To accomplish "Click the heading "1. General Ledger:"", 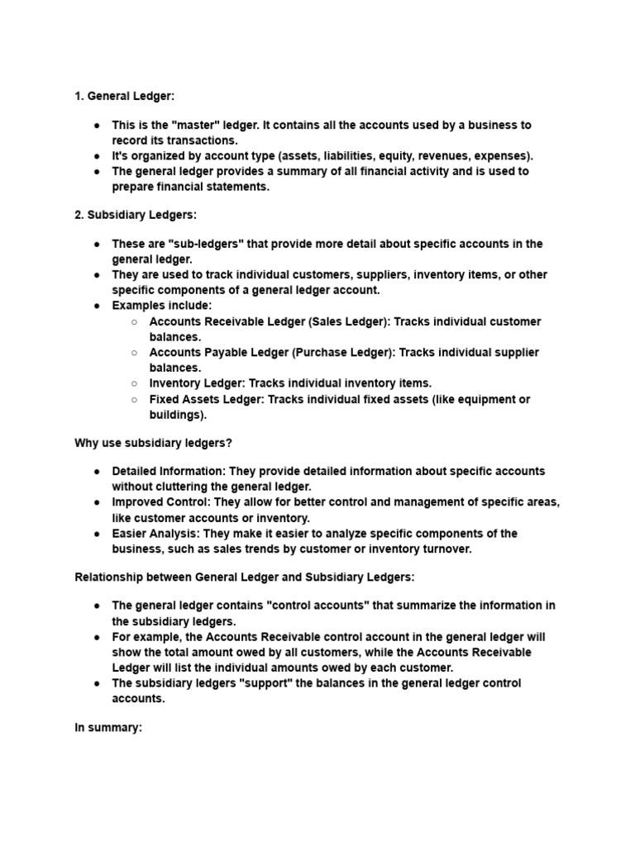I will point(124,97).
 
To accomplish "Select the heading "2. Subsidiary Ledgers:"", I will point(136,215).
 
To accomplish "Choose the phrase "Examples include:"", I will point(162,306).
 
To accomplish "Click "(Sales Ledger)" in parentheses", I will point(348,321).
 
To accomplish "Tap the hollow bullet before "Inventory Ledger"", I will point(134,383).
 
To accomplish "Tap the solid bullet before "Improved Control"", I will point(98,502).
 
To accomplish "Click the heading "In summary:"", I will point(108,727).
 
